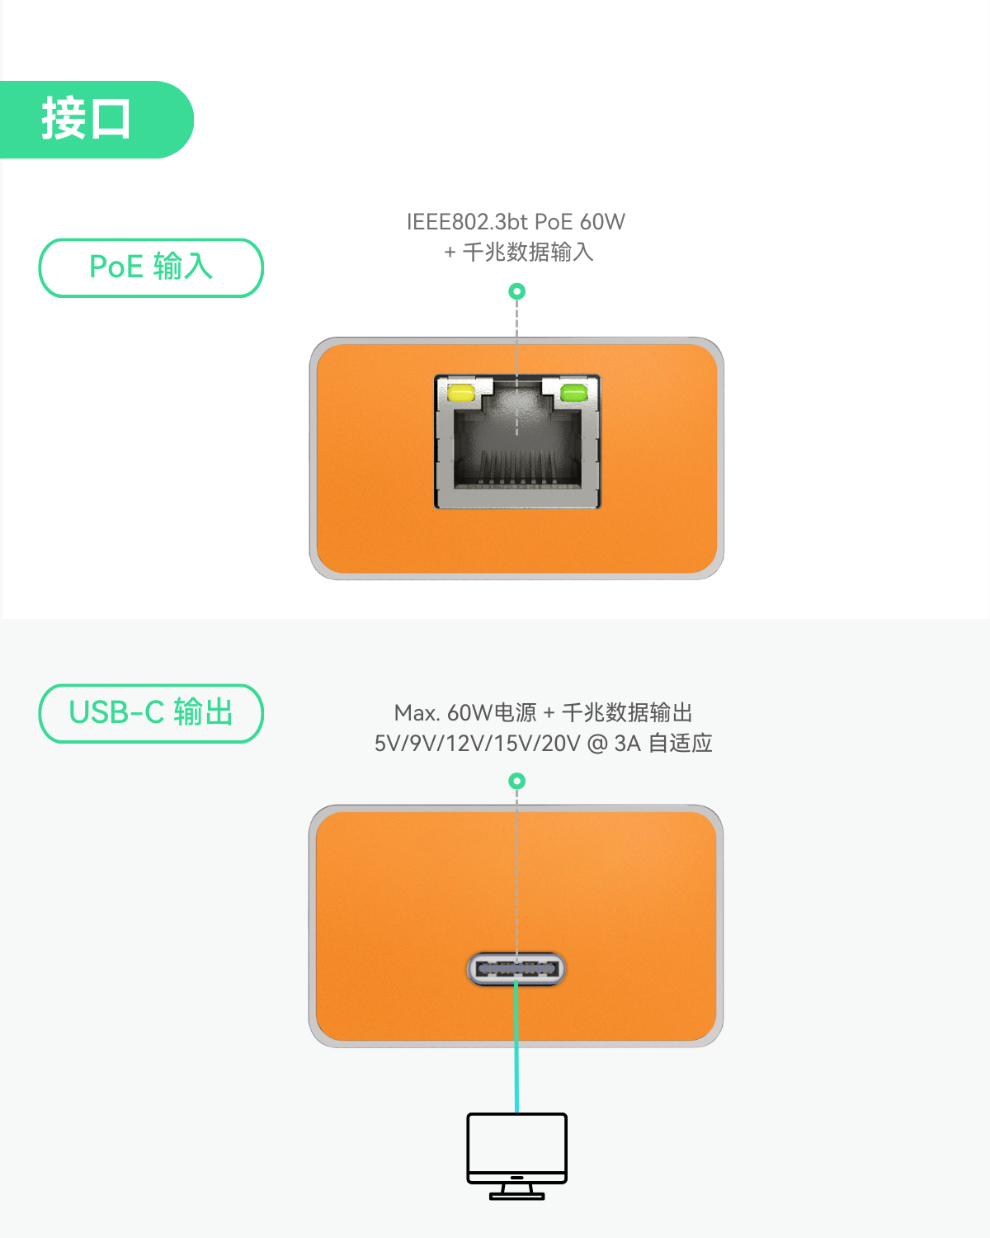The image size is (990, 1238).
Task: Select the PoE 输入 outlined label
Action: click(x=151, y=267)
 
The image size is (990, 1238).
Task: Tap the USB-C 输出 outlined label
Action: click(x=151, y=713)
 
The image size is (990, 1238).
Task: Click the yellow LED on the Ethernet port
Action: click(x=461, y=394)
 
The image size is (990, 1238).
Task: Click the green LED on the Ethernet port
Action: click(x=573, y=393)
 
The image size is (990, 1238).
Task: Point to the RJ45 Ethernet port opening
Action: click(x=517, y=442)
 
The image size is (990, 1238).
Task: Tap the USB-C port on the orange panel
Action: click(x=516, y=969)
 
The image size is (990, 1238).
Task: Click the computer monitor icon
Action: click(x=516, y=1156)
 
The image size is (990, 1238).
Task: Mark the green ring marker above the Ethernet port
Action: click(x=517, y=291)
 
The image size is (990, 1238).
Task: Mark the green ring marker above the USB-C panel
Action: click(x=517, y=782)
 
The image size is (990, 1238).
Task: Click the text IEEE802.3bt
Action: click(x=467, y=222)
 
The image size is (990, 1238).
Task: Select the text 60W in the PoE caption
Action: click(x=602, y=222)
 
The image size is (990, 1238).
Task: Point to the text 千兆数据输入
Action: click(x=528, y=252)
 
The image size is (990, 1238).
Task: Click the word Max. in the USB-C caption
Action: click(x=417, y=713)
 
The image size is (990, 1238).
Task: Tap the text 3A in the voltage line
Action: click(x=628, y=744)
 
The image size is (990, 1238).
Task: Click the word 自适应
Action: click(x=681, y=744)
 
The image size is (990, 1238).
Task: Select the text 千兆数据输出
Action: click(x=627, y=713)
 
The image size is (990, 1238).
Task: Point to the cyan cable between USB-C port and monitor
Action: click(x=516, y=1047)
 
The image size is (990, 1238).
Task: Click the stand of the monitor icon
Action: click(x=516, y=1192)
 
